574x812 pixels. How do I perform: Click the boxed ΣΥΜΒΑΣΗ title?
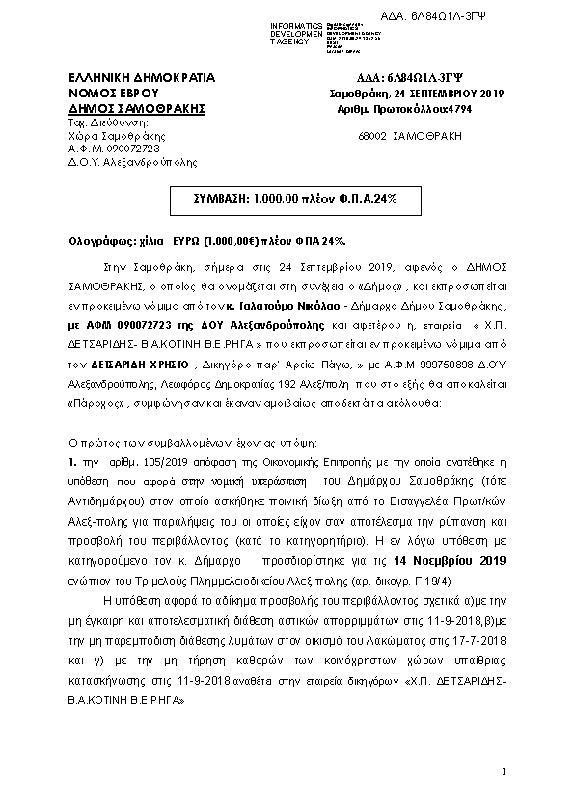point(287,197)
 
